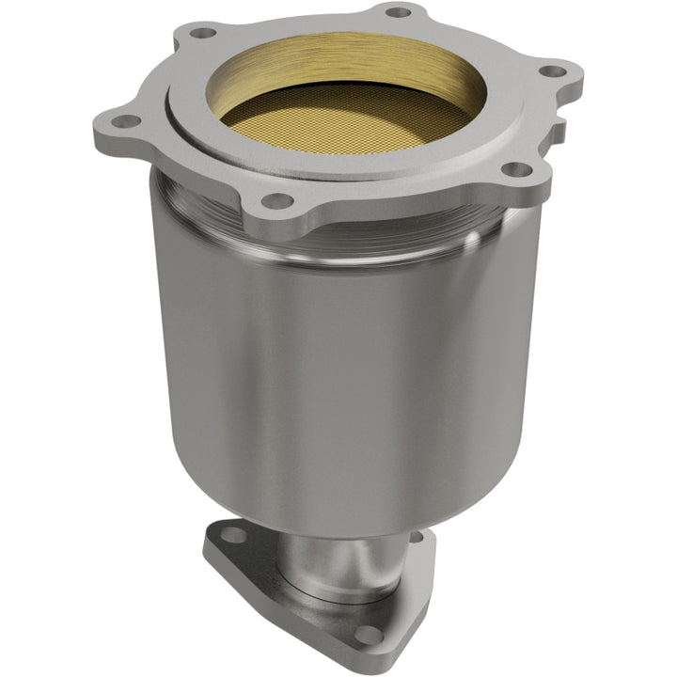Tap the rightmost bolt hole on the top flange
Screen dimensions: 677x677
click(552, 71)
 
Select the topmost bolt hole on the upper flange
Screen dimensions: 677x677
click(399, 12)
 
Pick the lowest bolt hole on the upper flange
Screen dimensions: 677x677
click(275, 200)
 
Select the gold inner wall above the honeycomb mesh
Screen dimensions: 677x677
click(348, 61)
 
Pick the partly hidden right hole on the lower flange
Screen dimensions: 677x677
click(415, 537)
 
